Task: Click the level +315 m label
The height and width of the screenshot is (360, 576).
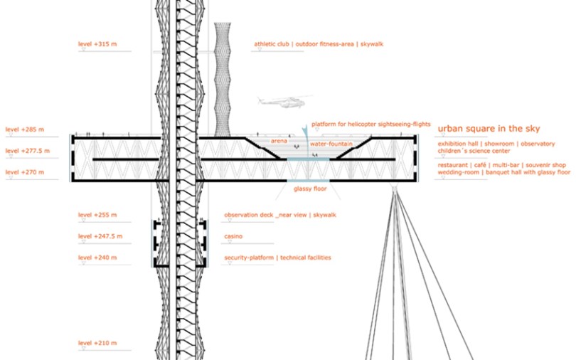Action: point(97,44)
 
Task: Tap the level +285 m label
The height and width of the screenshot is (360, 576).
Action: point(25,129)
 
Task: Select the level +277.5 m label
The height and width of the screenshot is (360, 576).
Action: point(28,151)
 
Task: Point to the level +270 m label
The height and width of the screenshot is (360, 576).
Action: point(25,172)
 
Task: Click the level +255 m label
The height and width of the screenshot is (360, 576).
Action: point(97,215)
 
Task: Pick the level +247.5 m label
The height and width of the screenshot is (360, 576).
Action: point(100,236)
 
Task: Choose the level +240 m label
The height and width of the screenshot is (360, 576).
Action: point(97,258)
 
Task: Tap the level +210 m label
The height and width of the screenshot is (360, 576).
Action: point(97,343)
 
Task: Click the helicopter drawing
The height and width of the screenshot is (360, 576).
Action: point(284,101)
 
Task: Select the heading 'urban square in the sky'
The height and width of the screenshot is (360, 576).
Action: point(489,129)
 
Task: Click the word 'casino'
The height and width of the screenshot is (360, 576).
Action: point(233,236)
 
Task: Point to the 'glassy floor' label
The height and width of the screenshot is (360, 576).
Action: point(310,189)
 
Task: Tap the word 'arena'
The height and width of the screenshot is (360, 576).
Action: point(279,141)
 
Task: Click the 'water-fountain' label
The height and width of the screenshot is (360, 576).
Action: point(331,144)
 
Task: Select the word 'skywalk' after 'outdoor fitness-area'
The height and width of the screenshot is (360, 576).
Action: point(372,44)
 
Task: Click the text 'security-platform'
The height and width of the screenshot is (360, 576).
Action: point(249,258)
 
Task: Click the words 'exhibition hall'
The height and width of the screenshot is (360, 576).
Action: point(458,144)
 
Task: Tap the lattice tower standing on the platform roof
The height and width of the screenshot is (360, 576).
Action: point(223,79)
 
